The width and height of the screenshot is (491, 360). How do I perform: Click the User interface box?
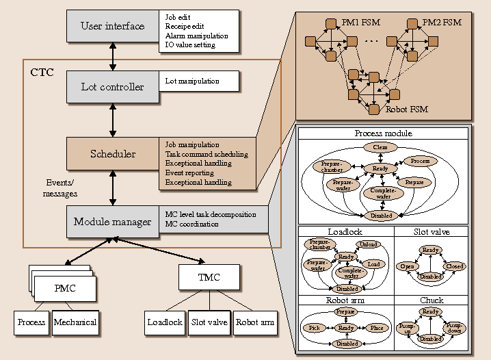[113, 26]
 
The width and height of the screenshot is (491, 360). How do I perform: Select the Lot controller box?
[113, 87]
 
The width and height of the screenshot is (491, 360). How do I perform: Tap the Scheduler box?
[113, 154]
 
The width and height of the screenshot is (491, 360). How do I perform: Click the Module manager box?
[113, 221]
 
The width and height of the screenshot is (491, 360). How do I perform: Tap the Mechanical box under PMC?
[75, 322]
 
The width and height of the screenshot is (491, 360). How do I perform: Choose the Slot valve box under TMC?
[209, 322]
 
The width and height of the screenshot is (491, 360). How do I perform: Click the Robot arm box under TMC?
[254, 322]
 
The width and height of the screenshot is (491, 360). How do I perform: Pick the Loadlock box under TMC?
[165, 322]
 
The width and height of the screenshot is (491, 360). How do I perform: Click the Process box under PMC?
[31, 322]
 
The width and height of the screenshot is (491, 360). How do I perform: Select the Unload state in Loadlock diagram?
[368, 244]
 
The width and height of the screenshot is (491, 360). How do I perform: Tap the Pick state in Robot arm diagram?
[314, 328]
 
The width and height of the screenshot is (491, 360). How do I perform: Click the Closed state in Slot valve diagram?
[454, 266]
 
